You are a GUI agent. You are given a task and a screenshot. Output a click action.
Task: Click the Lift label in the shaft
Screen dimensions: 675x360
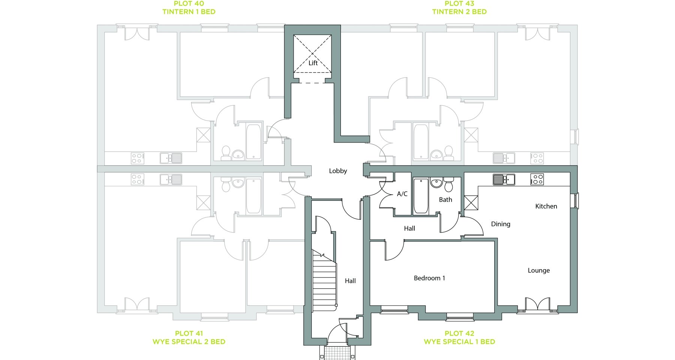pyautogui.click(x=313, y=63)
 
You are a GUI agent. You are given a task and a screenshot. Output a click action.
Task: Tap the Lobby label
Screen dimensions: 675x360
pyautogui.click(x=338, y=171)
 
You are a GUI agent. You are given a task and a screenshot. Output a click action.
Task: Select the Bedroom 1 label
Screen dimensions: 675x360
pyautogui.click(x=429, y=278)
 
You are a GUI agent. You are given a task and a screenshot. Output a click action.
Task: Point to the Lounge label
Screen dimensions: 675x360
pyautogui.click(x=539, y=270)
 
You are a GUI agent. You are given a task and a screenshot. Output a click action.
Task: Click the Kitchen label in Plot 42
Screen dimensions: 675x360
pyautogui.click(x=546, y=206)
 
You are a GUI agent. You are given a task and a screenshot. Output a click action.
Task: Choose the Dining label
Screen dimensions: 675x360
pyautogui.click(x=501, y=224)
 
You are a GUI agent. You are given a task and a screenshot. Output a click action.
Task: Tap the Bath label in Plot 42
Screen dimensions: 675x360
pyautogui.click(x=445, y=199)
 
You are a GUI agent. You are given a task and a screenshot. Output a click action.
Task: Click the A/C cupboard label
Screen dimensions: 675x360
pyautogui.click(x=402, y=194)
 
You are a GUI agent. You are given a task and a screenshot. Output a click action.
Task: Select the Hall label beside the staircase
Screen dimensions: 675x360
pyautogui.click(x=350, y=280)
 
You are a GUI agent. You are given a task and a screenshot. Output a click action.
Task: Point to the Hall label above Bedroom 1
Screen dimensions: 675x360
pyautogui.click(x=409, y=228)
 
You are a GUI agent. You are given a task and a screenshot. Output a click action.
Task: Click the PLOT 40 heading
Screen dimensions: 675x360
pyautogui.click(x=189, y=4)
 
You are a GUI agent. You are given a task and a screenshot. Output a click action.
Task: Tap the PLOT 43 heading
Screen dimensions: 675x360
pyautogui.click(x=459, y=4)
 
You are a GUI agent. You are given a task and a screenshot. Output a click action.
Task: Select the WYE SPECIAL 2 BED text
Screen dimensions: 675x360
pyautogui.click(x=189, y=342)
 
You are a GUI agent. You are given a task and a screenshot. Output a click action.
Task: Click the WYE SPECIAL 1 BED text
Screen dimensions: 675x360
pyautogui.click(x=459, y=342)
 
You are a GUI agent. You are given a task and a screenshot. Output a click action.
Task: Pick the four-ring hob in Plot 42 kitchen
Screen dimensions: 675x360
pyautogui.click(x=537, y=180)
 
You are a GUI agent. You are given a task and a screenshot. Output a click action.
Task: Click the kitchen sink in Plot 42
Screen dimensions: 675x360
pyautogui.click(x=504, y=180)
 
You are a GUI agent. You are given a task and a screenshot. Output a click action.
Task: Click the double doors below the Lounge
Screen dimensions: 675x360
pyautogui.click(x=538, y=304)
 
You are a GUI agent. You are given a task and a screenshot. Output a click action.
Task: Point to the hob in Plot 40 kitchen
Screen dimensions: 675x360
pyautogui.click(x=137, y=158)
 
